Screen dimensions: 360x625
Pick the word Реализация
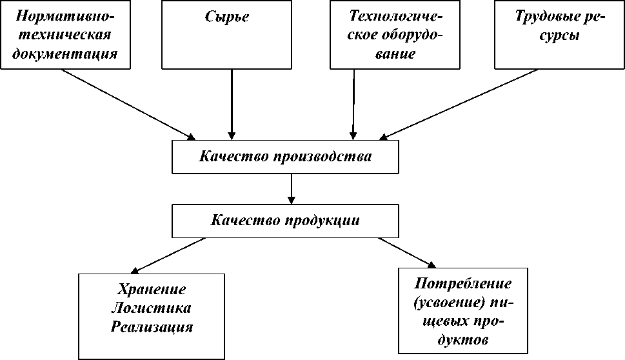point(152,326)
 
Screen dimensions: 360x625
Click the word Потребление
point(463,283)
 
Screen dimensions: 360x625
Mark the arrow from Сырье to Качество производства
point(232,103)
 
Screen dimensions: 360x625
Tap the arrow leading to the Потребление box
point(405,252)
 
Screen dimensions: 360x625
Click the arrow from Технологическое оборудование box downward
point(353,103)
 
